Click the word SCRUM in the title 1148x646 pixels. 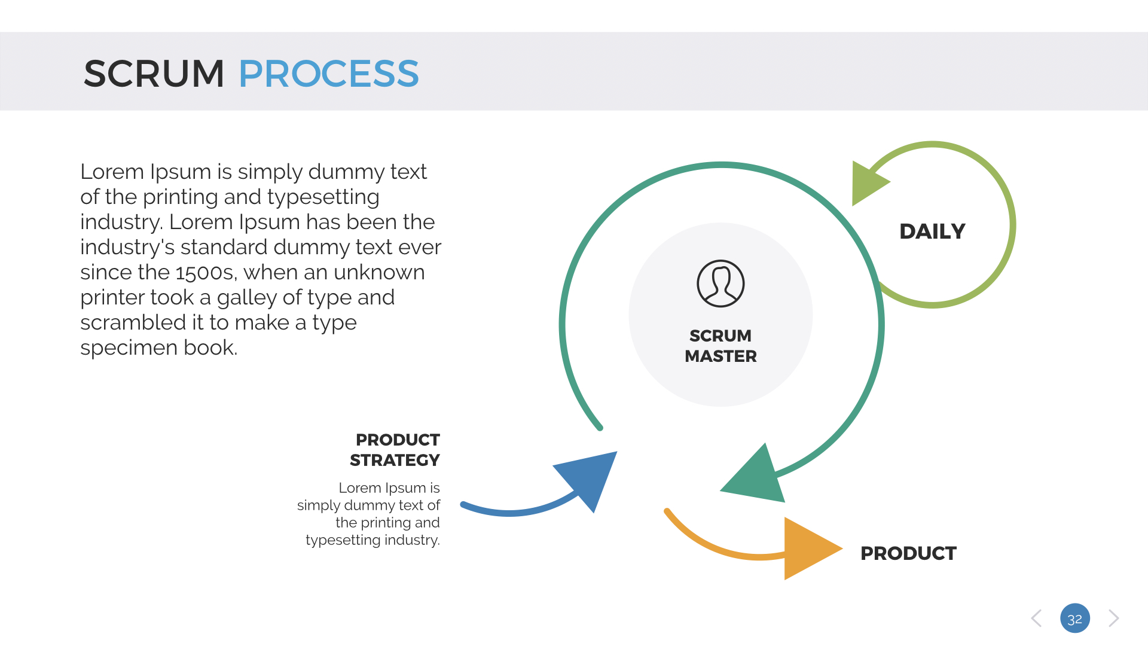[154, 74]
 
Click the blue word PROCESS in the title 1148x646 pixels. [328, 74]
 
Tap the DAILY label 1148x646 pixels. [932, 231]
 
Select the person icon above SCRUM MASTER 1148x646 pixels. [720, 284]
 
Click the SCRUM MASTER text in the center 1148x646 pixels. [720, 346]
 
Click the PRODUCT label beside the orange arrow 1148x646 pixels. [908, 553]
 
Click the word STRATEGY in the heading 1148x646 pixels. [395, 460]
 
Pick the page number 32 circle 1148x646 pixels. [1074, 618]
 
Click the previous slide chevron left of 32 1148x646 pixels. [1037, 618]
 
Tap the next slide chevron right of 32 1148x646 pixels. [1113, 618]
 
